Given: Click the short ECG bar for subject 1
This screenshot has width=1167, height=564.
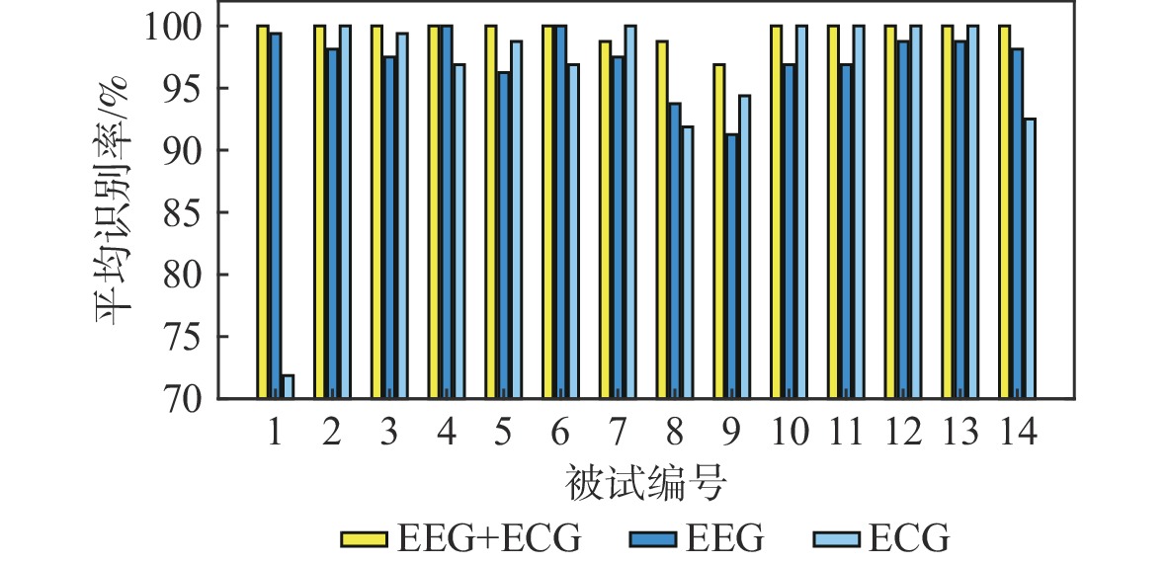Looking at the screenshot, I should tap(288, 386).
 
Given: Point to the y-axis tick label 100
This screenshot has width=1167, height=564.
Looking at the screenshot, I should tap(173, 27).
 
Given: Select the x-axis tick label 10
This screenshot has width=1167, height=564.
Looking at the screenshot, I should tap(790, 432).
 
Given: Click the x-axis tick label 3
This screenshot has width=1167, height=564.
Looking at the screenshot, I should tap(389, 432).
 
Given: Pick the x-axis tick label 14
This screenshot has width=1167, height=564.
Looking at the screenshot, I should tap(1018, 432).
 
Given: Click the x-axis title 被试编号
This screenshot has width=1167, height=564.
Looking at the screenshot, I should tap(647, 484).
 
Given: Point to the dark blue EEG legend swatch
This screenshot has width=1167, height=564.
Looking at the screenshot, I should tap(651, 538).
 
